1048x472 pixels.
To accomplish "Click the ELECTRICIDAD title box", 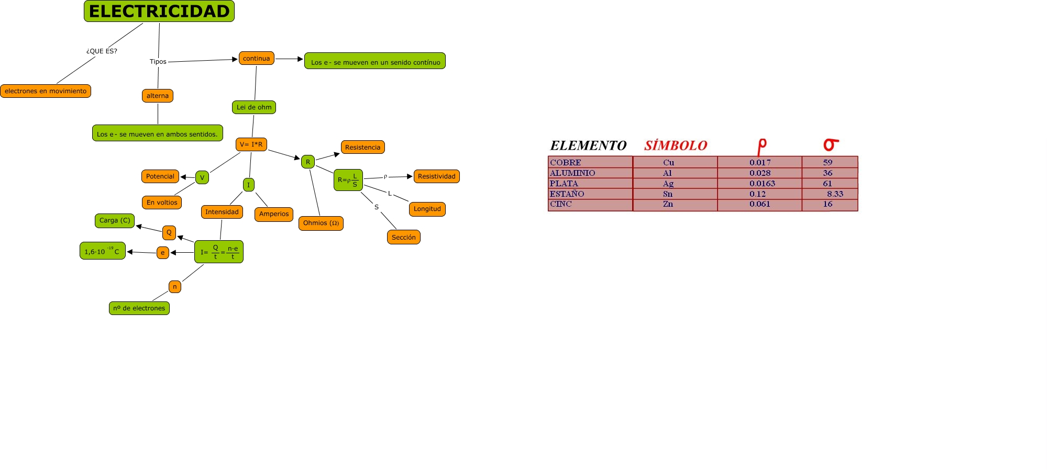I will click(159, 11).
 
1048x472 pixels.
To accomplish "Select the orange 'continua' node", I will click(256, 58).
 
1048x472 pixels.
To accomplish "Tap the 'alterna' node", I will click(158, 96).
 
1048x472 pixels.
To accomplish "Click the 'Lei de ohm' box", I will click(254, 107).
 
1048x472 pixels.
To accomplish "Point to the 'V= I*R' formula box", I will click(251, 144).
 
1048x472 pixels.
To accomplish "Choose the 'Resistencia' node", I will click(362, 147).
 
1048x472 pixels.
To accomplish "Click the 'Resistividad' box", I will click(436, 176).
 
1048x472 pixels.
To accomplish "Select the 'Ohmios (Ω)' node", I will click(321, 223).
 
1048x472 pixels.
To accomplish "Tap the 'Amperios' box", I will click(274, 214).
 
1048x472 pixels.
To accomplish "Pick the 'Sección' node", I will click(403, 237).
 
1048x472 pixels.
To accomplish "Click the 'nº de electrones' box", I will click(139, 308).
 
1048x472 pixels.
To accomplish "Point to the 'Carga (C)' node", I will click(115, 220).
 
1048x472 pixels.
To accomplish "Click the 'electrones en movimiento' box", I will click(46, 91).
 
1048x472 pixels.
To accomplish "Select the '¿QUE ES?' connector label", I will click(102, 51).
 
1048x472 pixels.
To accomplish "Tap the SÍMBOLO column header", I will click(676, 145).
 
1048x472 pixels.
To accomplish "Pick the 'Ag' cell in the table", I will click(668, 184).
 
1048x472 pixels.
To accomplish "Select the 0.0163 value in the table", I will click(762, 184).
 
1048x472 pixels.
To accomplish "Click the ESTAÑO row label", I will click(567, 194).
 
